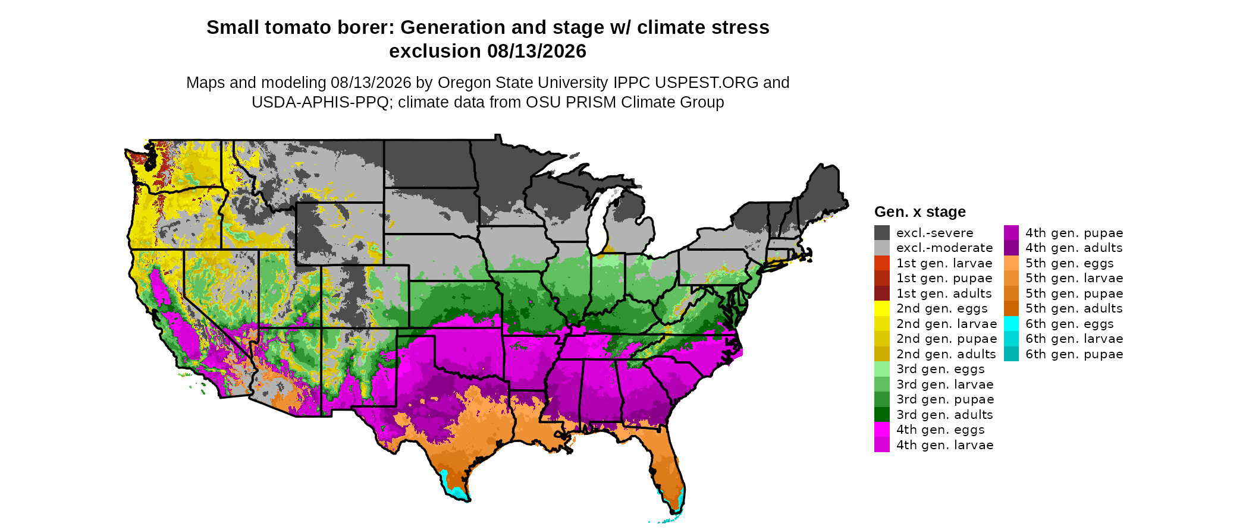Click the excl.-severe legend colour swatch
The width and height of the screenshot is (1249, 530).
882,233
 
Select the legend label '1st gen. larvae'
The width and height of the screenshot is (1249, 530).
944,263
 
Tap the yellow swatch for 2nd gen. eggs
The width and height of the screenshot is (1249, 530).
882,308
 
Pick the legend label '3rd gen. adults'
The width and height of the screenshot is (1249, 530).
944,415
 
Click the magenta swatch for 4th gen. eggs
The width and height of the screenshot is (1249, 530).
882,430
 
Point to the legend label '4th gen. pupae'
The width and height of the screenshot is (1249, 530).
1074,233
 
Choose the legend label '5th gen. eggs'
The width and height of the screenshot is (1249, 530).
1069,263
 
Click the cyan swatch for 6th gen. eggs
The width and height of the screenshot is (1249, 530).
1012,324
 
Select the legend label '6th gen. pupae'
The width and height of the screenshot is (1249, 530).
1074,354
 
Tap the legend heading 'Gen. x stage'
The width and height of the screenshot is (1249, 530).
920,212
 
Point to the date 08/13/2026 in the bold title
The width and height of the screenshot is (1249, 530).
537,51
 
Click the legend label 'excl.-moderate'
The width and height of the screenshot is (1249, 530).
944,248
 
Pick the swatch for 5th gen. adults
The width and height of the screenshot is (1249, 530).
1012,308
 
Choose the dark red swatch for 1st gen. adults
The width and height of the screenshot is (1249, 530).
882,294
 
